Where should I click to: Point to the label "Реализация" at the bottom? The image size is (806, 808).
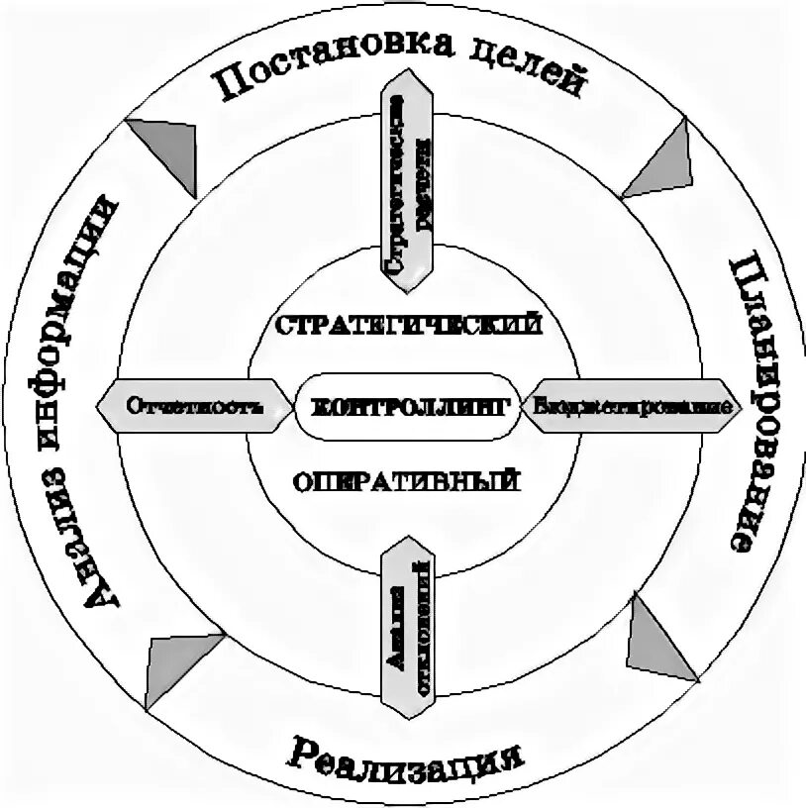pos(406,759)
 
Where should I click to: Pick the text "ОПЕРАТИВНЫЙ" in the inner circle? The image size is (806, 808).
pos(407,482)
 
